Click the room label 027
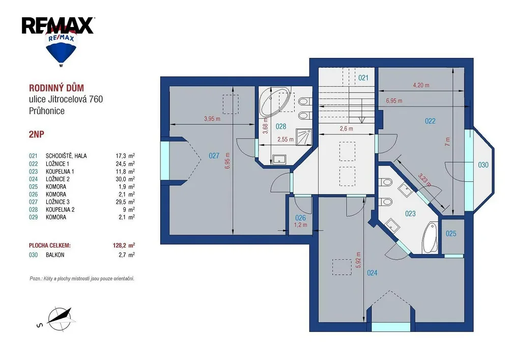tap(214, 156)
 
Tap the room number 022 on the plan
tap(430, 121)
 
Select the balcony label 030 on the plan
tap(483, 165)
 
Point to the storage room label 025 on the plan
tap(451, 233)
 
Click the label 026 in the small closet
tap(301, 218)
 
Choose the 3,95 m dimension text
tap(212, 119)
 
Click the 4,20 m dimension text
tap(421, 85)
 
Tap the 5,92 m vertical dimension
tap(358, 260)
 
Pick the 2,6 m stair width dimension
tap(346, 128)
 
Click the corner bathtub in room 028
tap(276, 102)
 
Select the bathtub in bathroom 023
tap(431, 238)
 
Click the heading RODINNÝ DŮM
tap(56, 88)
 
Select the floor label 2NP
tap(36, 134)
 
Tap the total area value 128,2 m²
tap(124, 245)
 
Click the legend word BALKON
tap(55, 255)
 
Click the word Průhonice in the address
tap(47, 110)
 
